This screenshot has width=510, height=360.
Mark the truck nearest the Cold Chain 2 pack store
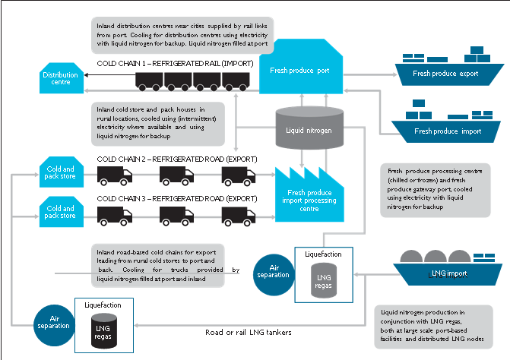[x=115, y=177]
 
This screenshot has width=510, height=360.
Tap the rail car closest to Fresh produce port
[x=240, y=81]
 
